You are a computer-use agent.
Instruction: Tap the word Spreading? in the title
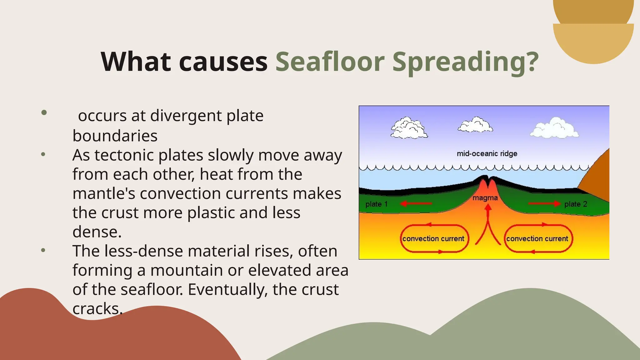pyautogui.click(x=465, y=62)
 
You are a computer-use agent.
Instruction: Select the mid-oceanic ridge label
pyautogui.click(x=487, y=153)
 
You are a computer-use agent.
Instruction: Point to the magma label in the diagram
pyautogui.click(x=485, y=198)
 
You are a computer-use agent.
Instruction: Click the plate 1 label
pyautogui.click(x=377, y=204)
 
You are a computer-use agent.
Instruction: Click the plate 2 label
pyautogui.click(x=576, y=204)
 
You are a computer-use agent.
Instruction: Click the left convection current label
pyautogui.click(x=433, y=239)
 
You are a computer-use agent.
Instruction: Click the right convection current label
pyautogui.click(x=537, y=239)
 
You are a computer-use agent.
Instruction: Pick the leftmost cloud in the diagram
pyautogui.click(x=409, y=128)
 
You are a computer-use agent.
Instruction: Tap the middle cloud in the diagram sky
pyautogui.click(x=475, y=125)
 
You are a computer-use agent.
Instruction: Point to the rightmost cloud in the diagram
pyautogui.click(x=555, y=128)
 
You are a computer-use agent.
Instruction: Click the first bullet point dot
pyautogui.click(x=44, y=112)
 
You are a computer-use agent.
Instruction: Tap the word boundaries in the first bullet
pyautogui.click(x=115, y=136)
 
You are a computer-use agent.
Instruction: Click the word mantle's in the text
pyautogui.click(x=104, y=193)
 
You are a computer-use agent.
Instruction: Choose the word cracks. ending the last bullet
pyautogui.click(x=97, y=309)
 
